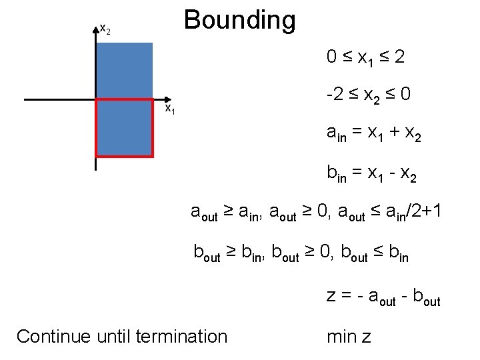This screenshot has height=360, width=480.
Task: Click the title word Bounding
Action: coord(239,20)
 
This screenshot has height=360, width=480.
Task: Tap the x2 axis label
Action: coord(105,29)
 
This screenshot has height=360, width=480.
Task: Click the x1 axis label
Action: coord(170,108)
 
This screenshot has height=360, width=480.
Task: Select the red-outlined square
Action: coord(125,127)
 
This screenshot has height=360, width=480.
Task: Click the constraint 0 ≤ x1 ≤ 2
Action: coord(365,58)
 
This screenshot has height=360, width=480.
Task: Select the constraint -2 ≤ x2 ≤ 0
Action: coord(368,97)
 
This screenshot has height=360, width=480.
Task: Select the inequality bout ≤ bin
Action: coord(375,252)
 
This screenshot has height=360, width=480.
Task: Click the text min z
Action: coord(349,337)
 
